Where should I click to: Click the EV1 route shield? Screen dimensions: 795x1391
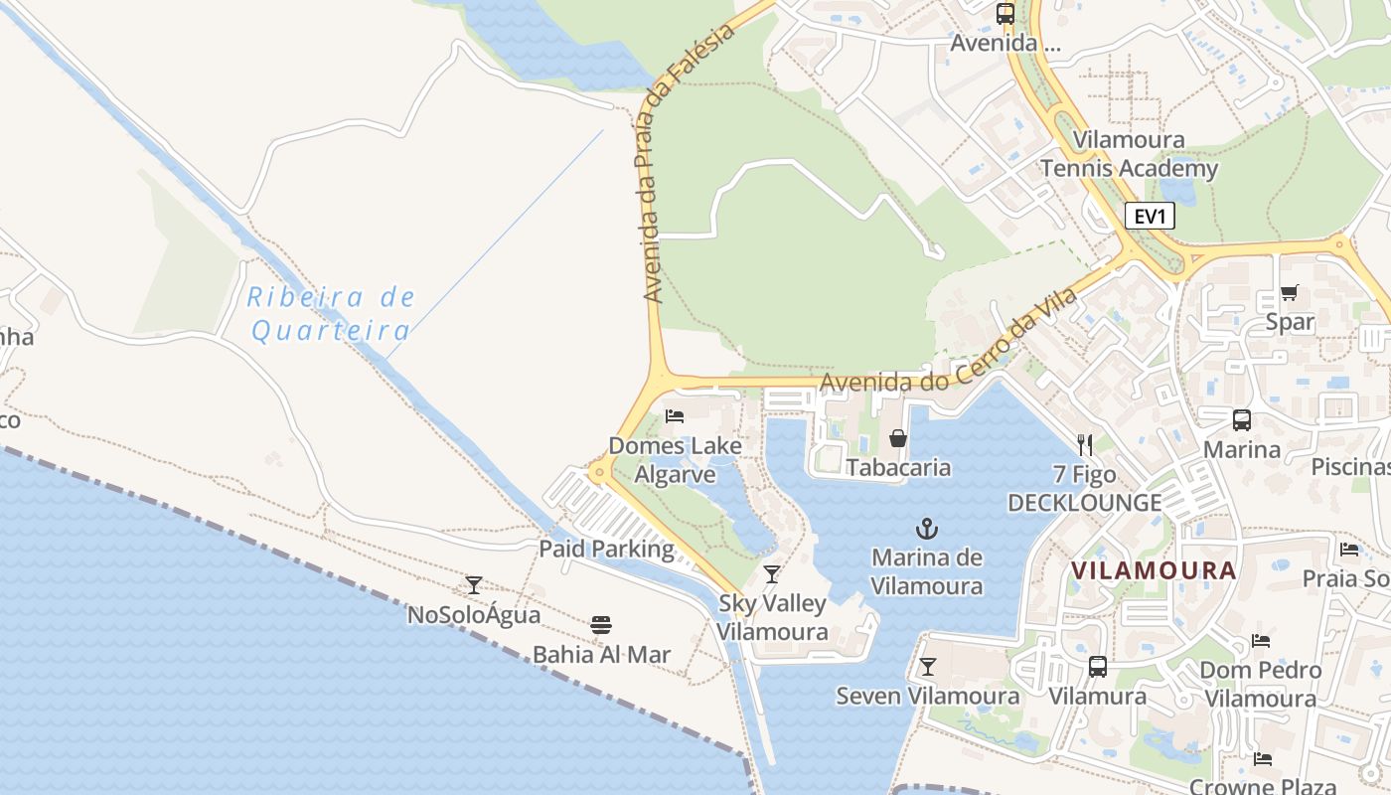click(x=1150, y=216)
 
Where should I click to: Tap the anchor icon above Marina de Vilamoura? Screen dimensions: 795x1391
click(x=927, y=529)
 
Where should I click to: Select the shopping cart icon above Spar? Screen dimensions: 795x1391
click(x=1290, y=292)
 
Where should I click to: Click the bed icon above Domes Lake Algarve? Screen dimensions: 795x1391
click(x=675, y=415)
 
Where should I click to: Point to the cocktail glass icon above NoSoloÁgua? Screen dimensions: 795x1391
click(x=474, y=585)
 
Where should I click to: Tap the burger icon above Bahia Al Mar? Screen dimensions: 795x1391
click(x=600, y=625)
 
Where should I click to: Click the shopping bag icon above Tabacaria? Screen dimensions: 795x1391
click(x=898, y=437)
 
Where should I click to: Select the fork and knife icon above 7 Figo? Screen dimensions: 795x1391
click(x=1084, y=444)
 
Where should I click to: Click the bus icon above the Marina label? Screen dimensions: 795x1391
click(x=1242, y=419)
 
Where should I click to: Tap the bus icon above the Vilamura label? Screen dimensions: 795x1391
click(x=1098, y=666)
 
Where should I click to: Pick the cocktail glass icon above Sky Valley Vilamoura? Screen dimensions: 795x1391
click(x=772, y=573)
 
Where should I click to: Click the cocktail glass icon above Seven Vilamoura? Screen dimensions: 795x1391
click(x=928, y=666)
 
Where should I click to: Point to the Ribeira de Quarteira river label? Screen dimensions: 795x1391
click(x=331, y=313)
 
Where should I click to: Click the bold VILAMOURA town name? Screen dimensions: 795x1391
click(x=1154, y=570)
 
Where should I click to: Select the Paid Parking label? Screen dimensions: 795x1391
click(x=606, y=549)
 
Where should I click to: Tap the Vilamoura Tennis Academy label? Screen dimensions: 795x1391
click(x=1130, y=154)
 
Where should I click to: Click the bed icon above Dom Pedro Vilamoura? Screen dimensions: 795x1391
click(x=1261, y=640)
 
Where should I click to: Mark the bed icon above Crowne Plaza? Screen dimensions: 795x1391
click(x=1263, y=759)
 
